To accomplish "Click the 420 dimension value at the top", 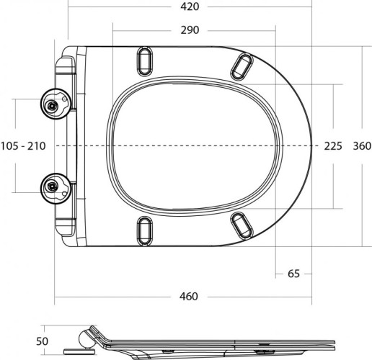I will click(x=190, y=6).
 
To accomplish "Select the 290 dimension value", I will click(x=190, y=30).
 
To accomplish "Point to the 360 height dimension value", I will click(x=361, y=146).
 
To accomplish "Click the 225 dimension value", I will click(x=333, y=146).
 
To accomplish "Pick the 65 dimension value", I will click(x=293, y=274).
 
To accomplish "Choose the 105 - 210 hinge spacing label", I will click(x=23, y=146).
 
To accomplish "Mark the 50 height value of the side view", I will click(x=43, y=341).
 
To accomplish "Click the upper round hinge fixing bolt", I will click(x=53, y=105).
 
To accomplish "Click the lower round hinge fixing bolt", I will click(x=53, y=186).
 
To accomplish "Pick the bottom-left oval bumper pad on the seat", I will click(x=144, y=230).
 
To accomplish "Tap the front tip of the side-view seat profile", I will click(x=333, y=340).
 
